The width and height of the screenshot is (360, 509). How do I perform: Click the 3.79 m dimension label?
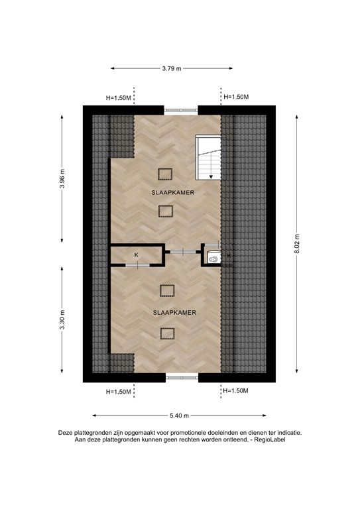pos(172,68)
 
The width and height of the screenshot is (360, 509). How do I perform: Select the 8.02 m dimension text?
pos(298,246)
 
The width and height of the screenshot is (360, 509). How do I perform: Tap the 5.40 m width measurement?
pos(179,416)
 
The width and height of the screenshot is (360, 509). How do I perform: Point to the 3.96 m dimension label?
pos(62,178)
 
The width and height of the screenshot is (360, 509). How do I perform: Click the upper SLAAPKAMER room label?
pos(165,192)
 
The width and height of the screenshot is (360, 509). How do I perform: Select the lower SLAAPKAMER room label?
pos(165,311)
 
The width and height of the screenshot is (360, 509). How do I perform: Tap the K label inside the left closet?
pos(137,254)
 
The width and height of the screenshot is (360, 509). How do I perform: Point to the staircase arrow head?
pos(211,176)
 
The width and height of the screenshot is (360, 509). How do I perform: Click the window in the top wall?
pos(182,110)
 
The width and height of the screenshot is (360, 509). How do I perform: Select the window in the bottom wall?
pos(182,378)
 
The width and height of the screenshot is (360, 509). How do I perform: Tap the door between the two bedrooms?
pos(182,252)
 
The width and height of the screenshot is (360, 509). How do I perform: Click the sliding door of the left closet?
pos(137,265)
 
